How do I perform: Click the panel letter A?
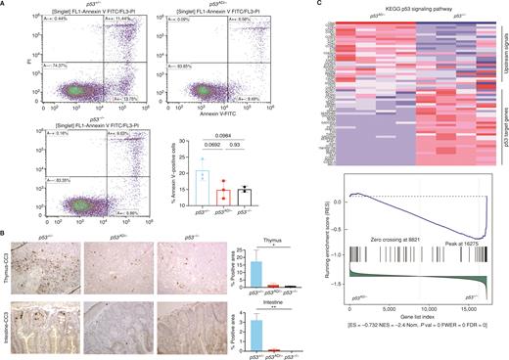click(x=5, y=5)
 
